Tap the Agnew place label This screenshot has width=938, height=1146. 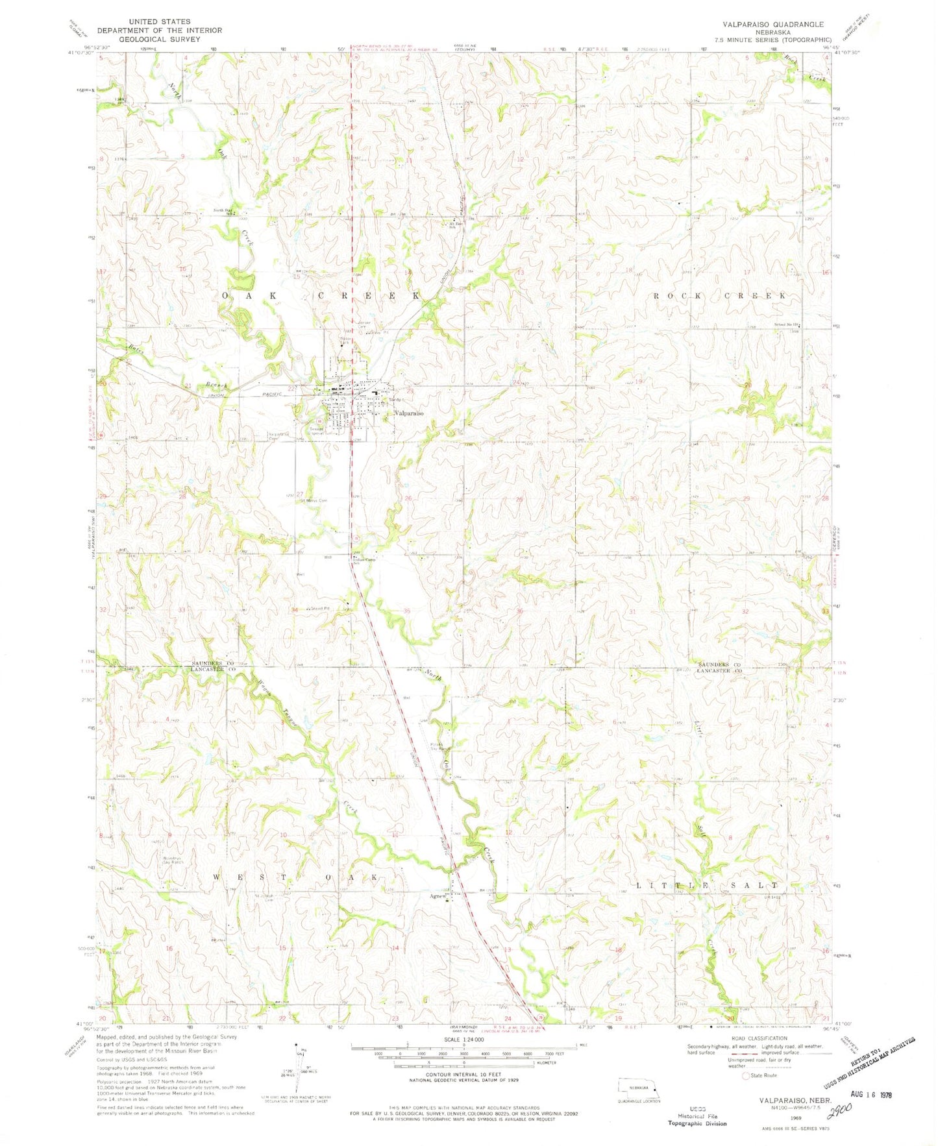[x=436, y=896]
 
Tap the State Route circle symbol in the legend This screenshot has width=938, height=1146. [x=746, y=1076]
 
